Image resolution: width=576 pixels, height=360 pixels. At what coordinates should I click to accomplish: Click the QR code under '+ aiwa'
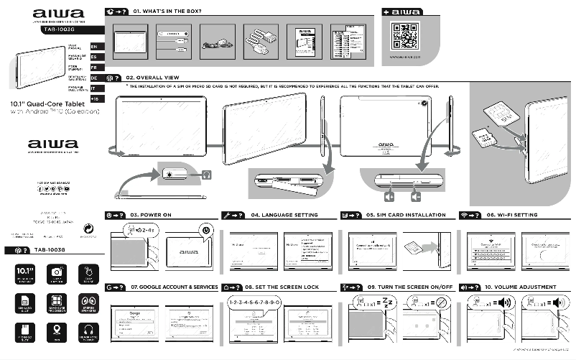click(x=404, y=34)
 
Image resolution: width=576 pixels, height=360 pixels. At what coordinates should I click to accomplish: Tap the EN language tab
click(x=93, y=47)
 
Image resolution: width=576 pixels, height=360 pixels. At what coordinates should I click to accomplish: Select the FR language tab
click(x=93, y=67)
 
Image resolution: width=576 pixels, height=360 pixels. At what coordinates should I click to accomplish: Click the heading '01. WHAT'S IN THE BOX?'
click(x=167, y=12)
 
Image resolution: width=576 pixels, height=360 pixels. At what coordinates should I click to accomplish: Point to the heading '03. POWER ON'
click(x=151, y=215)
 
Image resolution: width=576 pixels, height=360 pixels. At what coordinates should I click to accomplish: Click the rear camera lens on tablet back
click(x=424, y=104)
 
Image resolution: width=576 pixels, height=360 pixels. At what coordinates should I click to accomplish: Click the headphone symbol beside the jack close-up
click(x=206, y=174)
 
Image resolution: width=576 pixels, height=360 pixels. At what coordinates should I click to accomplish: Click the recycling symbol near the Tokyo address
click(x=88, y=225)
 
